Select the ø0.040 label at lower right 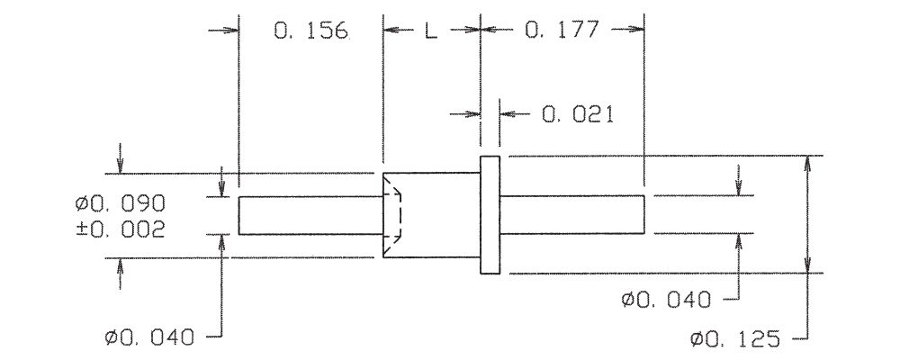coord(667,299)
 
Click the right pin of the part coord(572,214)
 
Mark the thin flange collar coord(490,214)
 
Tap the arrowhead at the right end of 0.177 coord(638,30)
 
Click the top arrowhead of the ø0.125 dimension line coord(807,163)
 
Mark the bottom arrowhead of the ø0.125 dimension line coord(807,266)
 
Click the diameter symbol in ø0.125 coord(697,339)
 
